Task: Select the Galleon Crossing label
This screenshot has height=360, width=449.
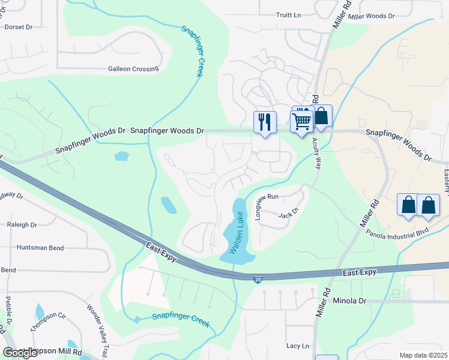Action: [x=133, y=69]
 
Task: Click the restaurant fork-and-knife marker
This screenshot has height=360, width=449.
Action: [x=264, y=122]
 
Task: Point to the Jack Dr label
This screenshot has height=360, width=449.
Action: [x=288, y=213]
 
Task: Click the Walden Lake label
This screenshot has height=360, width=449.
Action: [x=235, y=231]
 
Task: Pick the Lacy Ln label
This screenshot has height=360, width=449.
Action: [x=298, y=346]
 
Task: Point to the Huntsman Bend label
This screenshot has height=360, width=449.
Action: [x=40, y=247]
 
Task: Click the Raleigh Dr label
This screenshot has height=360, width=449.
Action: [x=22, y=225]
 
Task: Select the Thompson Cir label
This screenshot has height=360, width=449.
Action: [x=47, y=321]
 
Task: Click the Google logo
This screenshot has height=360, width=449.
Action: [x=20, y=353]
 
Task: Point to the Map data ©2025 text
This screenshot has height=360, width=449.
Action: [x=423, y=355]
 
